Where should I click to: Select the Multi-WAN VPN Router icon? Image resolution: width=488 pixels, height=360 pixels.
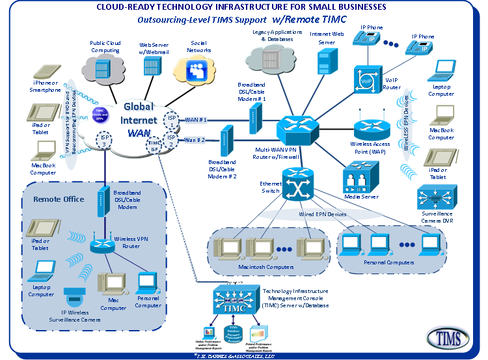[297, 127]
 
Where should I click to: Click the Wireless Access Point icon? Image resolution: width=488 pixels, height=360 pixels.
[370, 129]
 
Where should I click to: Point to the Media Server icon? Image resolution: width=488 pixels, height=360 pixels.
[359, 178]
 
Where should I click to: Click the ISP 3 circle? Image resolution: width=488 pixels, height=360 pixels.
[104, 139]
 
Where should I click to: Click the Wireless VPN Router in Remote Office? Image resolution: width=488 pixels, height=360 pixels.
[101, 245]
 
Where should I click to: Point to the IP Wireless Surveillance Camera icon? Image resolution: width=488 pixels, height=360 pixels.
[73, 296]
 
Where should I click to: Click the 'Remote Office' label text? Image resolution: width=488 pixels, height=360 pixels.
[59, 199]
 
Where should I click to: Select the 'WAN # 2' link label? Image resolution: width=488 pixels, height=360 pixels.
[196, 140]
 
